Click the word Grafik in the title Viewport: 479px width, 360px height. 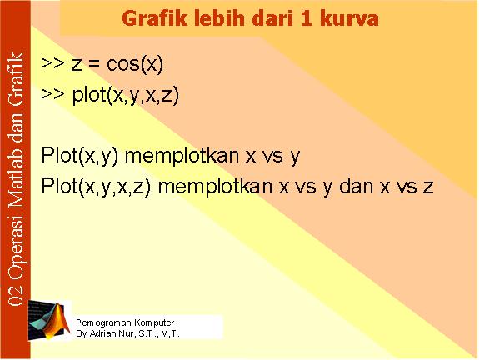click(154, 18)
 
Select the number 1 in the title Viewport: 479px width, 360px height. click(307, 18)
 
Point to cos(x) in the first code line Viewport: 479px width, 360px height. click(135, 64)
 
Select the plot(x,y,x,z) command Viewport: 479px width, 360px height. click(126, 95)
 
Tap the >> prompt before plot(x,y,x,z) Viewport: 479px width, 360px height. click(52, 95)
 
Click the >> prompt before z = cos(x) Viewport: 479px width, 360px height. click(52, 63)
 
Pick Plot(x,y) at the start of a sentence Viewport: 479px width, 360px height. click(80, 155)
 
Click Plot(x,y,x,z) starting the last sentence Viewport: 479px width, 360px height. click(96, 186)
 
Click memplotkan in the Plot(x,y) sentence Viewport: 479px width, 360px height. click(182, 156)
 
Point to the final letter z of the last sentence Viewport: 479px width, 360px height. click(427, 187)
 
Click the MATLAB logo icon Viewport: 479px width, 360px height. click(49, 320)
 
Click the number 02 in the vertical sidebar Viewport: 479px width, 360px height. click(16, 296)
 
